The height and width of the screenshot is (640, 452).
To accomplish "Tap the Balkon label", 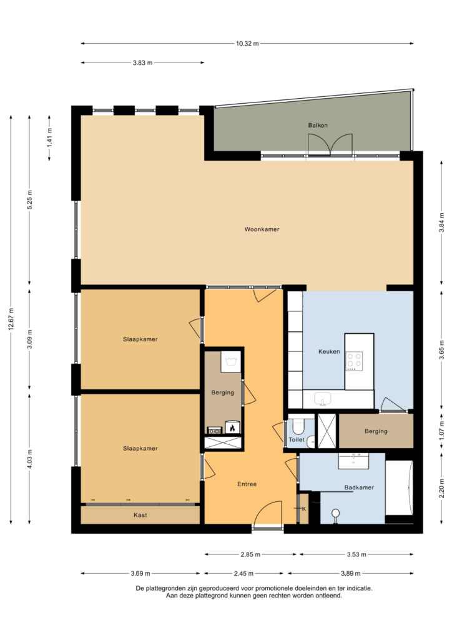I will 318,126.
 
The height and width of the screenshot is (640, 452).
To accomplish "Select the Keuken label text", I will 329,352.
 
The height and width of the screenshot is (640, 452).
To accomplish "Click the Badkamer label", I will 359,487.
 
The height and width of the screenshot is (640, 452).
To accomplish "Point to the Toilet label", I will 297,440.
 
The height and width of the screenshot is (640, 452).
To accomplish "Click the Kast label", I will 140,516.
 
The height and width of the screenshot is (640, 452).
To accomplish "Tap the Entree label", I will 247,484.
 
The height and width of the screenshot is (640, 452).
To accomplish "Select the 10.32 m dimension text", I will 247,44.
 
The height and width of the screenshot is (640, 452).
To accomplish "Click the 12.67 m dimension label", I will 11,319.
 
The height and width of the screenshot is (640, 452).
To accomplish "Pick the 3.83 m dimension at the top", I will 143,63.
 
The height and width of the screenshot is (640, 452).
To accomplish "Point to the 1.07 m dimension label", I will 441,430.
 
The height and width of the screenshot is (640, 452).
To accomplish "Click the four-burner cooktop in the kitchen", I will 355,361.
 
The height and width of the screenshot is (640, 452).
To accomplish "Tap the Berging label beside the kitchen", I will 376,431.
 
